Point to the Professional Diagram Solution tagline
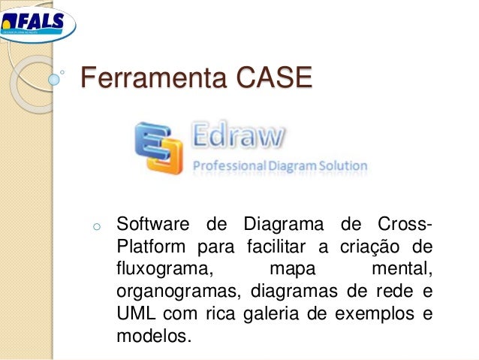click(280, 165)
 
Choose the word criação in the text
click(365, 247)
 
